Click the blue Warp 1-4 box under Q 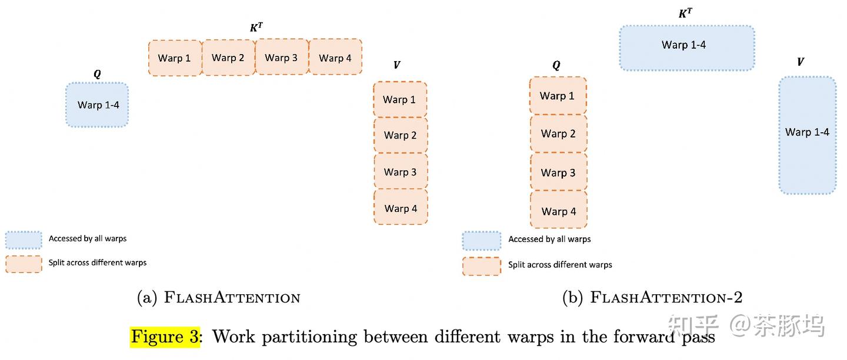pos(97,105)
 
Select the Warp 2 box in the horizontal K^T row pos(228,58)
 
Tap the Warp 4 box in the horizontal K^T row pos(335,57)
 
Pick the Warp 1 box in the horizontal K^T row pos(175,58)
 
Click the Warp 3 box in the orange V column pos(401,171)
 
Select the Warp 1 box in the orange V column pos(400,99)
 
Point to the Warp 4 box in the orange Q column pos(559,210)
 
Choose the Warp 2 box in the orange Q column pos(559,133)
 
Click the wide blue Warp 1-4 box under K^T pos(687,48)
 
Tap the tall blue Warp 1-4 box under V pos(808,135)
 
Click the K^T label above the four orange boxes pos(256,28)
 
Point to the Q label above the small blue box pos(97,73)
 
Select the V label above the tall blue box pos(801,62)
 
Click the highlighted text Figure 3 pos(165,337)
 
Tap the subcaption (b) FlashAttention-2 pos(652,297)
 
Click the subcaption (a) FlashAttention pos(219,297)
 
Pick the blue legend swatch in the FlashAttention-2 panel pos(481,241)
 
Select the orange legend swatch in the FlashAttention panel pos(24,264)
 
